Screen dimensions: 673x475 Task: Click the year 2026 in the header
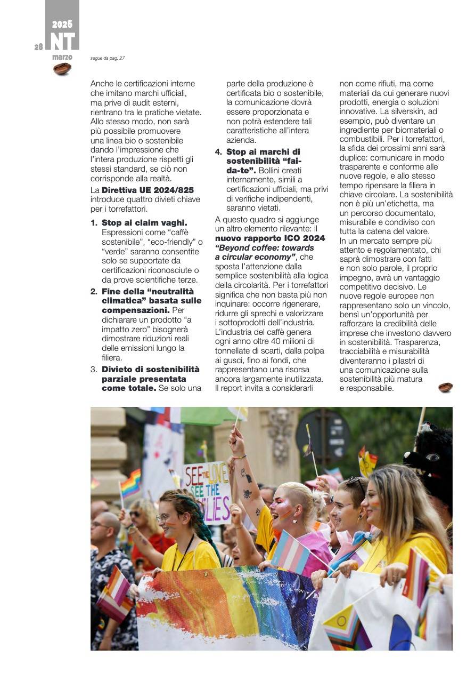[62, 24]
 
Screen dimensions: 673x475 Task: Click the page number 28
[39, 47]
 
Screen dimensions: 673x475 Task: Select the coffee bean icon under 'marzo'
[62, 69]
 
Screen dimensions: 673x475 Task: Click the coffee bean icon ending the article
[445, 387]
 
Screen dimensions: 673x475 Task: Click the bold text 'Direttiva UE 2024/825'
[148, 190]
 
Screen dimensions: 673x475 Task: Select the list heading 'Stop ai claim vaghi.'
[144, 222]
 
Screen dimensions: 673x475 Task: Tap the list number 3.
[94, 369]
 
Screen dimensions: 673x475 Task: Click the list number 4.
[218, 152]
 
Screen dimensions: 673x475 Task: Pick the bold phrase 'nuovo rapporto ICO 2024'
[269, 238]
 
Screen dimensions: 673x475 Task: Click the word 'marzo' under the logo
[62, 57]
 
